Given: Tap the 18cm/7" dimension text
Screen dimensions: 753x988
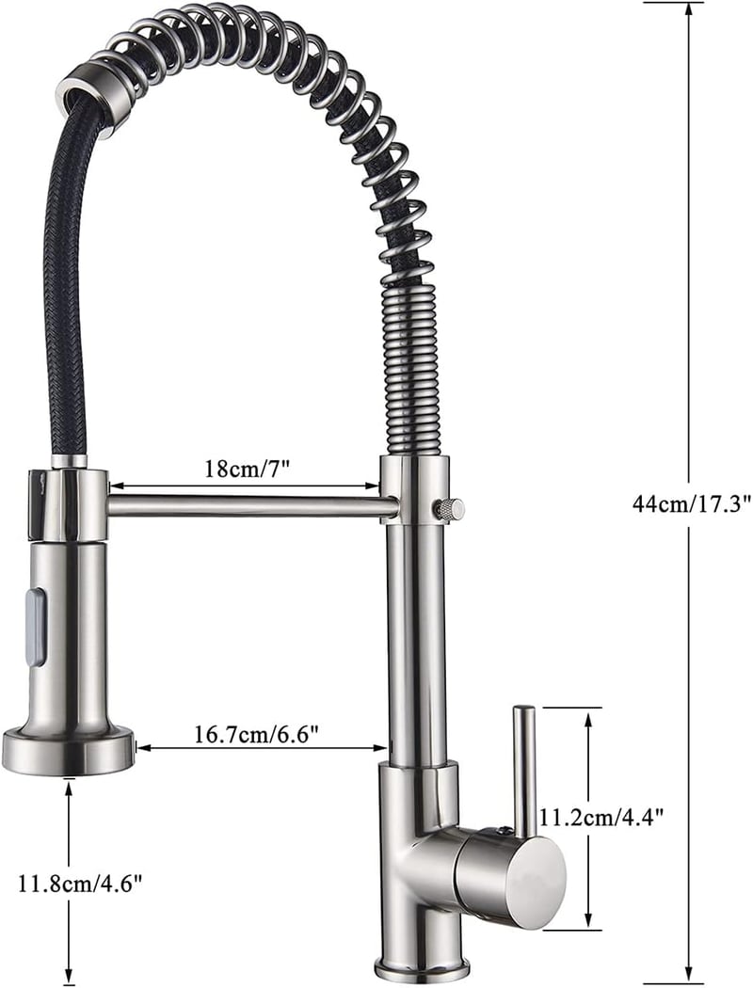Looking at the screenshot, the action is click(247, 469).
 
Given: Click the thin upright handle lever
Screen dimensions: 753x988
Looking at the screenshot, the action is click(523, 773).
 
